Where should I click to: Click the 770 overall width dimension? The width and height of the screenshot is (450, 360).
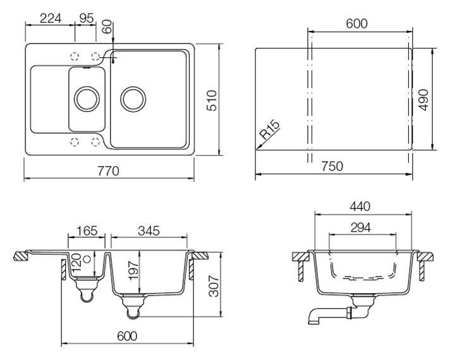pyautogui.click(x=108, y=171)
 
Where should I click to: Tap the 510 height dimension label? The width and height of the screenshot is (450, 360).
pyautogui.click(x=212, y=100)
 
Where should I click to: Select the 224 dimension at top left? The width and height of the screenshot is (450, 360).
pyautogui.click(x=51, y=19)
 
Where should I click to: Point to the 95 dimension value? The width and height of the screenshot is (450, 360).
pyautogui.click(x=87, y=19)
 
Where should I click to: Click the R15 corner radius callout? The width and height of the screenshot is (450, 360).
pyautogui.click(x=269, y=129)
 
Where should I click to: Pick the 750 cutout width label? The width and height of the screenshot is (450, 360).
pyautogui.click(x=332, y=166)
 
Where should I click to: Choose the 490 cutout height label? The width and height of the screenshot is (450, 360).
pyautogui.click(x=423, y=100)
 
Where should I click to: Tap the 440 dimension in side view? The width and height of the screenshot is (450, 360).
pyautogui.click(x=360, y=207)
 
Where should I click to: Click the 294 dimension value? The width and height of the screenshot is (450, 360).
pyautogui.click(x=361, y=228)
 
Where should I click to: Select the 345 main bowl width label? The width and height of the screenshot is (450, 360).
pyautogui.click(x=149, y=231)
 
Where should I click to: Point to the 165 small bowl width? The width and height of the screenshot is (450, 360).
pyautogui.click(x=87, y=231)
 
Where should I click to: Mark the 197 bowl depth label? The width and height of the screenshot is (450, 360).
pyautogui.click(x=134, y=270)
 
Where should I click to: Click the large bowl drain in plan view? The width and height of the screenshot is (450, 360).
pyautogui.click(x=133, y=99)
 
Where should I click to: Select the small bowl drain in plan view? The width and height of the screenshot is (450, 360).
pyautogui.click(x=87, y=99)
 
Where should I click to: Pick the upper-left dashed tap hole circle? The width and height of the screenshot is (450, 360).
pyautogui.click(x=75, y=56)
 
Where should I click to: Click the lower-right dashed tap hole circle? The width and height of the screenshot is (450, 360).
pyautogui.click(x=95, y=141)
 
